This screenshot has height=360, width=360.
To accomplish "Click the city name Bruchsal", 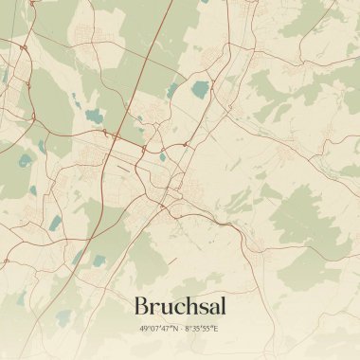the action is (x=180, y=306).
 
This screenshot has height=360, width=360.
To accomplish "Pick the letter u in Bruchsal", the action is (x=165, y=309).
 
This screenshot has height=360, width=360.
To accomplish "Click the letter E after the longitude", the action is (x=216, y=329).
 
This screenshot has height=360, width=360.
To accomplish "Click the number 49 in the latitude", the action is (x=144, y=329).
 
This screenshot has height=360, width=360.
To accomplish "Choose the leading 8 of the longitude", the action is (x=188, y=329).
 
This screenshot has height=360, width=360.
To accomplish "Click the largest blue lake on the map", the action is (x=200, y=90).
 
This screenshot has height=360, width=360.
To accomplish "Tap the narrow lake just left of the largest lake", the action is (x=174, y=91).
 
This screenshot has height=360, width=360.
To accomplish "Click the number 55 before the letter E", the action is (x=208, y=329).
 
